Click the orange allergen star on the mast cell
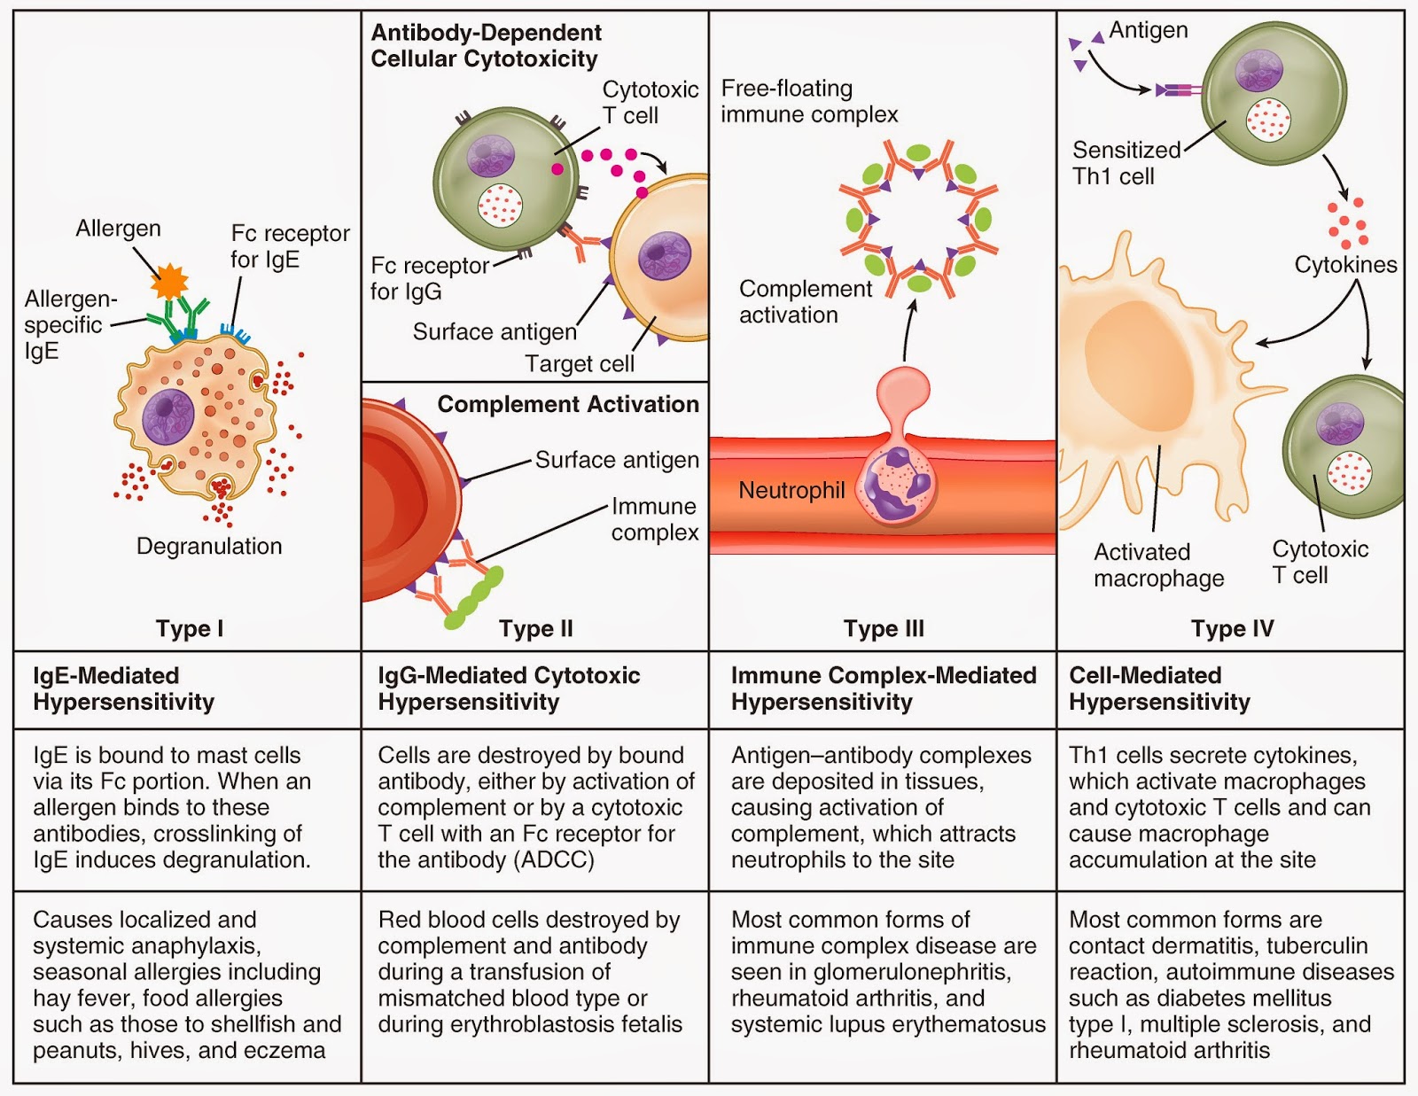tap(169, 282)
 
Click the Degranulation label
tap(209, 546)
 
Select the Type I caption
tap(189, 628)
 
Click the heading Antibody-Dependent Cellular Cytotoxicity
tap(485, 46)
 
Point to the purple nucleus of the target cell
tap(665, 256)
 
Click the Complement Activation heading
tap(568, 404)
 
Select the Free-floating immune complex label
tap(808, 101)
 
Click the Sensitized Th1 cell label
tap(1126, 163)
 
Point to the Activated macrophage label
tap(1158, 565)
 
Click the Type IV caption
tap(1232, 628)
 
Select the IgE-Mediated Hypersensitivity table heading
tap(124, 688)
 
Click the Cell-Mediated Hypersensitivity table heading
tap(1159, 688)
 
